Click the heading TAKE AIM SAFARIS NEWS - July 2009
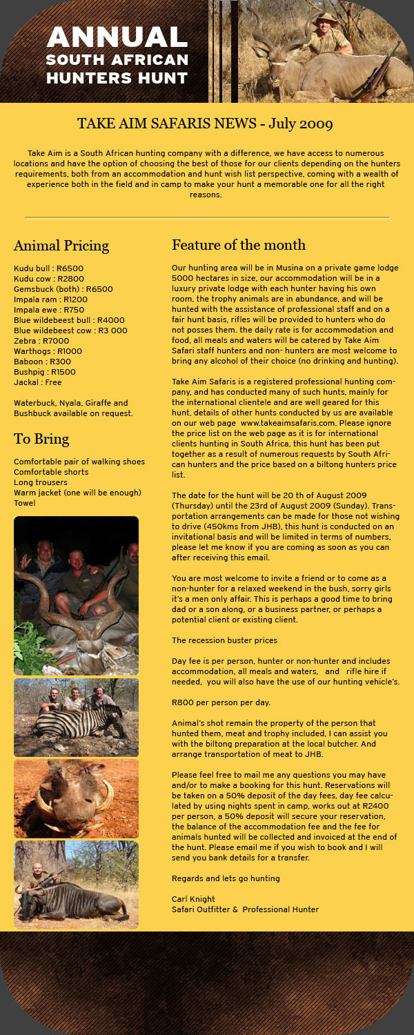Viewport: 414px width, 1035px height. [205, 124]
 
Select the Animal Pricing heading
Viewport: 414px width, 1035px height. [61, 246]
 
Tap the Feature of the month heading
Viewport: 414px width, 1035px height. [238, 245]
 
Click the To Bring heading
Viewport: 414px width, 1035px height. [41, 439]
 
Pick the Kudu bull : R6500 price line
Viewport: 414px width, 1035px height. [48, 268]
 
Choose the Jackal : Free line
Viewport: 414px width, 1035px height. [38, 382]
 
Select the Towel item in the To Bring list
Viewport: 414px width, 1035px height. [25, 503]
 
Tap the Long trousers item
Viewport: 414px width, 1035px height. [41, 482]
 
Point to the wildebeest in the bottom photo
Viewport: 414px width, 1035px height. [83, 900]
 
